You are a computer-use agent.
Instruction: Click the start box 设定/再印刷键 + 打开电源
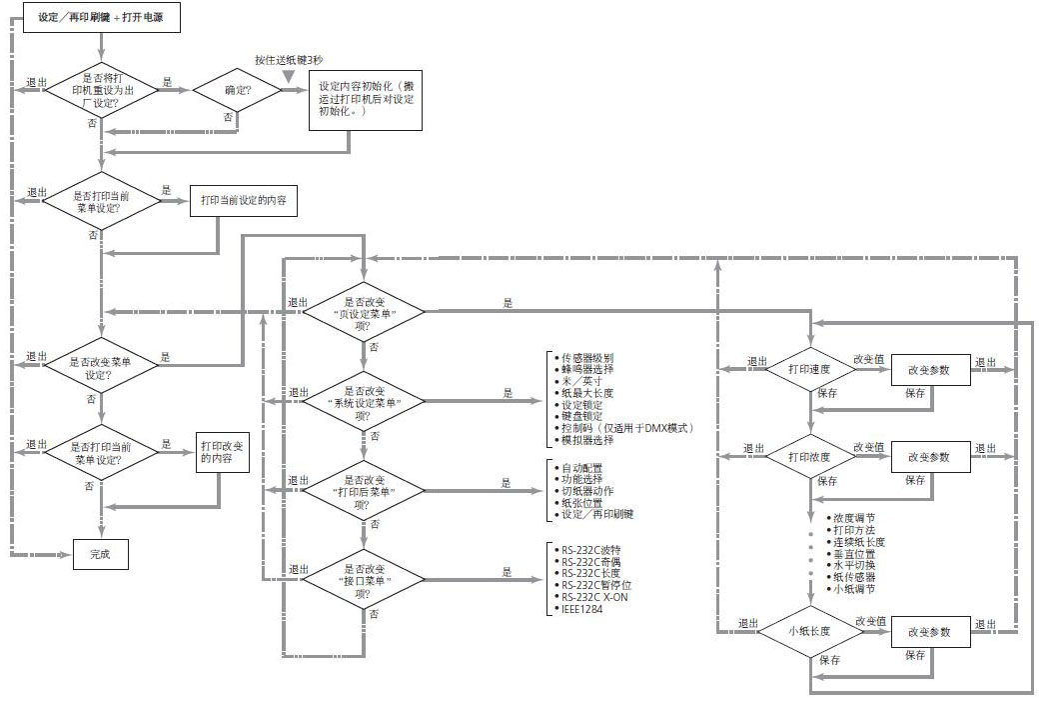click(x=101, y=18)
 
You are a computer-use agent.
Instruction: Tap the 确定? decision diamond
click(x=238, y=90)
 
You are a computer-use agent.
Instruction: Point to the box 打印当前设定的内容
click(x=243, y=201)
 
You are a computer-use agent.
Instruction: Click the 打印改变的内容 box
click(x=222, y=456)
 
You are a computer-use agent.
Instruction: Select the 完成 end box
click(x=100, y=553)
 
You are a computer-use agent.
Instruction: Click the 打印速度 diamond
click(x=809, y=369)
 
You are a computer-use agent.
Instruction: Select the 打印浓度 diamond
click(x=809, y=456)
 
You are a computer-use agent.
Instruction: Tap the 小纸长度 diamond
click(x=809, y=631)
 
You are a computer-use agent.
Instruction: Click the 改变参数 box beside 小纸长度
click(x=929, y=632)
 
